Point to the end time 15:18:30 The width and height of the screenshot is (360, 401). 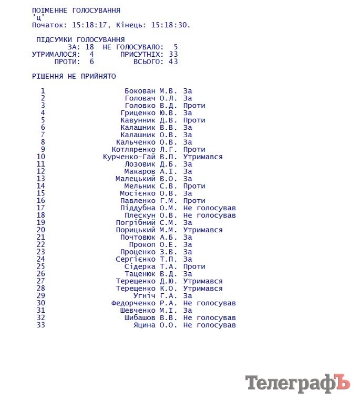point(170,25)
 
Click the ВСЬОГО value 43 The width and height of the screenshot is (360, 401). point(173,61)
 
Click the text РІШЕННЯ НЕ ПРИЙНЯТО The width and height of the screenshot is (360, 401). point(74,76)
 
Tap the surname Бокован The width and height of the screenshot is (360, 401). point(140,91)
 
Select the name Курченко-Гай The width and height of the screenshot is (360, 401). point(129,157)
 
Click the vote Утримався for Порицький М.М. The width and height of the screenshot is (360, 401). point(203,230)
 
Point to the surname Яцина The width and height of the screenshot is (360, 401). point(145,325)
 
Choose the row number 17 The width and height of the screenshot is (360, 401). point(41,208)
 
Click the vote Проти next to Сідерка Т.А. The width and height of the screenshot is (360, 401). point(194,266)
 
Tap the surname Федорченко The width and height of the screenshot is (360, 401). point(133,303)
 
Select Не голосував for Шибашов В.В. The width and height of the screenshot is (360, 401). point(209,317)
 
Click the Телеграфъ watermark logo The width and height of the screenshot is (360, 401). point(297,383)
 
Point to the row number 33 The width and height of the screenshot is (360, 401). point(41,325)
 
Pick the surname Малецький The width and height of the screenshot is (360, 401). point(136,179)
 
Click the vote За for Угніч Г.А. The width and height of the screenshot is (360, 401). point(188,295)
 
